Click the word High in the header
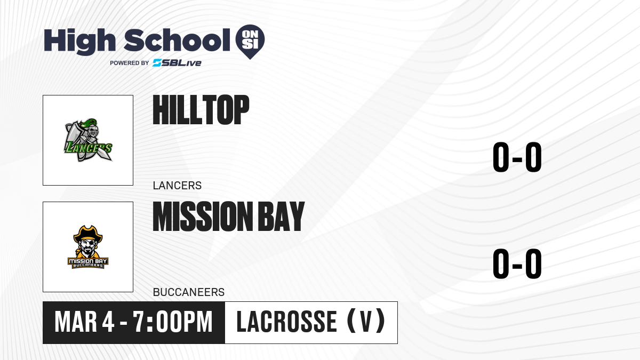coord(79,41)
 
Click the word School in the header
coord(177,40)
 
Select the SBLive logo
coord(177,63)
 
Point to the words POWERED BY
coord(130,63)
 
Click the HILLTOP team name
coord(201,110)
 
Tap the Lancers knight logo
coord(88,140)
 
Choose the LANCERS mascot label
coord(177,186)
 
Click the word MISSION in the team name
coord(203,217)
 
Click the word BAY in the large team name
coord(281,217)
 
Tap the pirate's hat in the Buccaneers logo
coord(88,234)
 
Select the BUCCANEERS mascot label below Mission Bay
coord(189,292)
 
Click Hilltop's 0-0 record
coord(517,157)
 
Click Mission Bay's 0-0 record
coord(517,263)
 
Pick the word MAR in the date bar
coord(76,322)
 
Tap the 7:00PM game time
coord(173,322)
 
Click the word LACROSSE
coord(286,322)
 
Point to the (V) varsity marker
coord(366,321)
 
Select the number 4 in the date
coord(108,322)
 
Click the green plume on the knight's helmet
coord(89,123)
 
